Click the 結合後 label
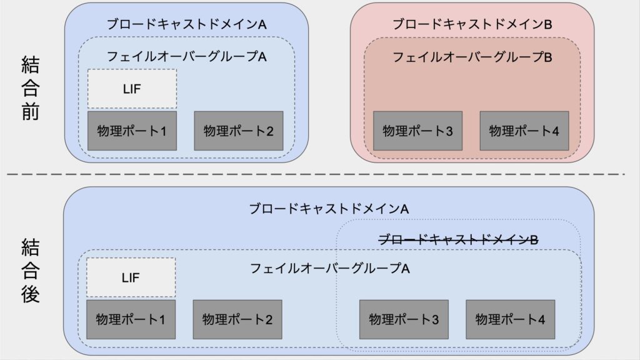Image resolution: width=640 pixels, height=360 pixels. point(30,271)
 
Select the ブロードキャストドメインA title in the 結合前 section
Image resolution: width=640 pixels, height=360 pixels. point(186,24)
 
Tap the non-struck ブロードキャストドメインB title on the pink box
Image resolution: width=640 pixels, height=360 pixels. point(472,24)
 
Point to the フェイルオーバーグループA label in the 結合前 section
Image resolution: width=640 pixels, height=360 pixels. point(186,56)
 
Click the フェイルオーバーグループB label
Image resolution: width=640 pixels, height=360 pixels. point(472,57)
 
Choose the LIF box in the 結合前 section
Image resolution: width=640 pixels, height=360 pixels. point(132,89)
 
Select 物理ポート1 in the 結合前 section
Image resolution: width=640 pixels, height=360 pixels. point(132,131)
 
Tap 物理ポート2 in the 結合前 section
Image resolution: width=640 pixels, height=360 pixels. point(239,131)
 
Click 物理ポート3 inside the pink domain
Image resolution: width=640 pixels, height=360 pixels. point(418,131)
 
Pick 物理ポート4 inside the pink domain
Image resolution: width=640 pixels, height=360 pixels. point(524,131)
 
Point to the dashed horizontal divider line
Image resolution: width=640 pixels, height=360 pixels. point(316,174)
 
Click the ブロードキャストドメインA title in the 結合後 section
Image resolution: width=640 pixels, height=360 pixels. point(329,209)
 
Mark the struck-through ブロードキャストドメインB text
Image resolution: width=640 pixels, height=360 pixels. point(458,239)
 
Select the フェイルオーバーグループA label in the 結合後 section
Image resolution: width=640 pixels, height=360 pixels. point(329,269)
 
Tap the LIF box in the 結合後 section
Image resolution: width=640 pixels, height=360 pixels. point(131,277)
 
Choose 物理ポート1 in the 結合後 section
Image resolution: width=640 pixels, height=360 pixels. point(131,319)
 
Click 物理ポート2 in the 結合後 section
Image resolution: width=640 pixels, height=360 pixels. point(237,319)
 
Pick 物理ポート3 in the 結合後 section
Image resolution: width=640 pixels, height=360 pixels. point(404,319)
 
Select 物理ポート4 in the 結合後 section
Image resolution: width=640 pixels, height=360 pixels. point(511,319)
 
